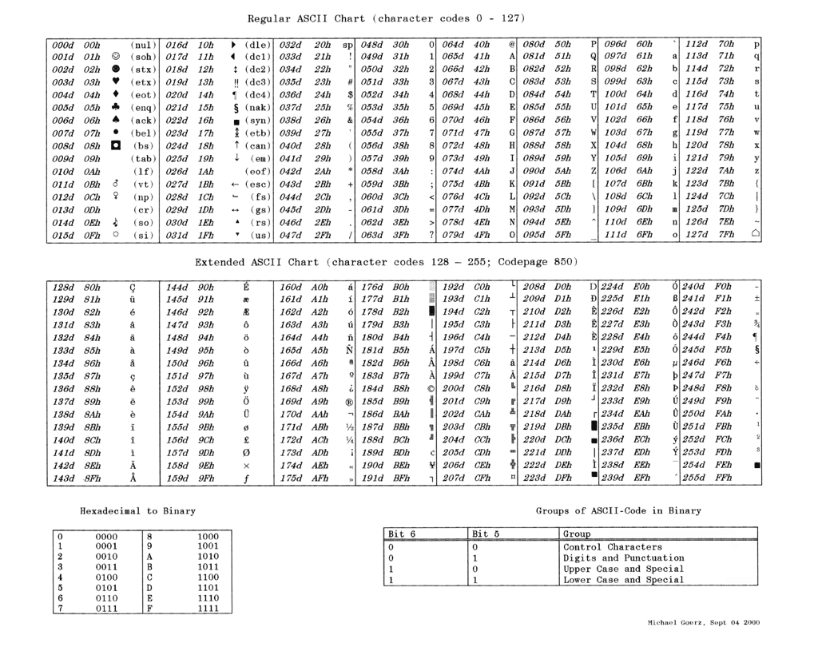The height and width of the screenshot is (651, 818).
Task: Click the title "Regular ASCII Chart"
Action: click(308, 18)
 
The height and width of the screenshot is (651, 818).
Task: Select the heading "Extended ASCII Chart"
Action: click(257, 262)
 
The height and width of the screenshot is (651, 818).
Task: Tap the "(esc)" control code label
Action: click(258, 184)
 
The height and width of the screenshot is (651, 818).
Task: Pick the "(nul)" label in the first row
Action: click(141, 43)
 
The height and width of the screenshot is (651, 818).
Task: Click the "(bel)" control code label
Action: click(141, 133)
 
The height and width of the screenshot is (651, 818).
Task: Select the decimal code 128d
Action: click(63, 286)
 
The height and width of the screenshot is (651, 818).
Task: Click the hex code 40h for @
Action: click(482, 43)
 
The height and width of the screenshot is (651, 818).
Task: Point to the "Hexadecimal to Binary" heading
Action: click(137, 510)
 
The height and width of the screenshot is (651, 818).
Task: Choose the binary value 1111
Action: click(207, 609)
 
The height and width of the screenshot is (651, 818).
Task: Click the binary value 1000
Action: click(207, 536)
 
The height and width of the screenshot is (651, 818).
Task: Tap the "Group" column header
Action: click(577, 533)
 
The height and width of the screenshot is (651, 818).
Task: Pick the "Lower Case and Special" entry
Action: click(623, 580)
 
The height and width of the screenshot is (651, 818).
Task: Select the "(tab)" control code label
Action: click(141, 158)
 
